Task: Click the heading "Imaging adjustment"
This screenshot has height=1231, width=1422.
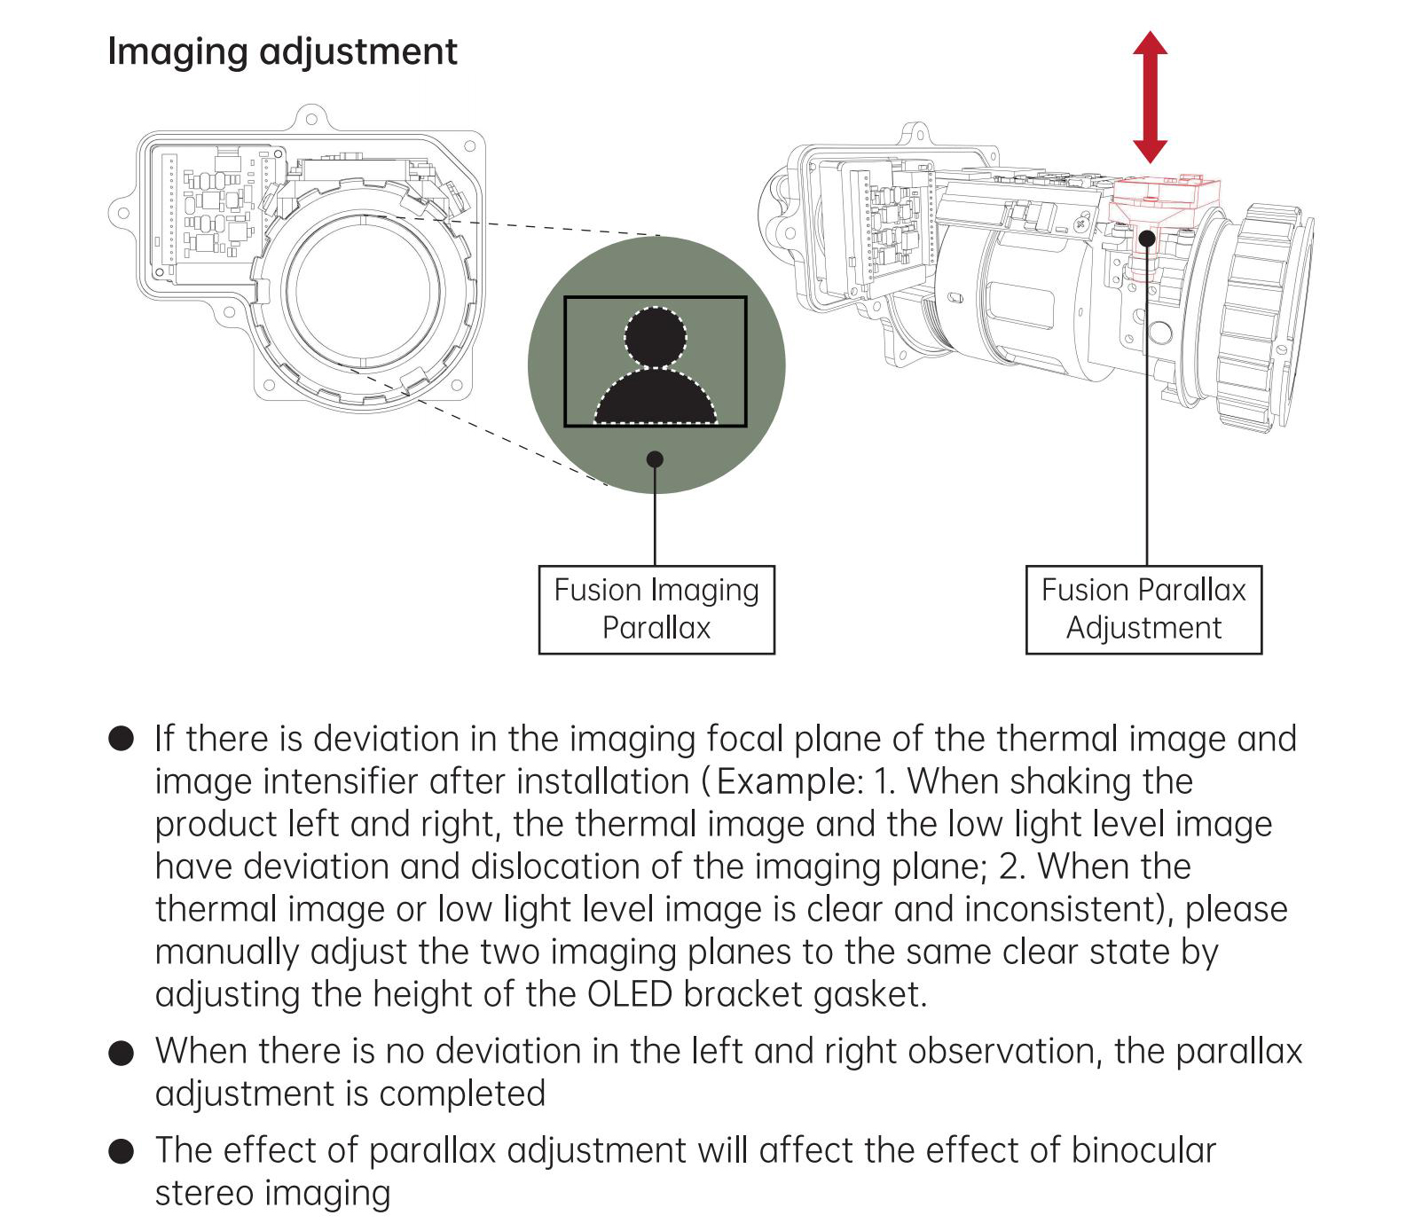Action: coord(282,52)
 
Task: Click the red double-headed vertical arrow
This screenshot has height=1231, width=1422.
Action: coord(1150,97)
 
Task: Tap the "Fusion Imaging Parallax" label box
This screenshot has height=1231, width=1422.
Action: coord(656,609)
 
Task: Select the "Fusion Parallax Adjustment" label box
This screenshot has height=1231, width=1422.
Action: coord(1143,609)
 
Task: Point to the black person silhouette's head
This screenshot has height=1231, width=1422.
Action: coord(656,337)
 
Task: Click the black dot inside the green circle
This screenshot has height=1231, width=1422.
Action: coord(655,459)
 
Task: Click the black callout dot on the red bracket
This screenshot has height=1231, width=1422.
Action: coord(1147,238)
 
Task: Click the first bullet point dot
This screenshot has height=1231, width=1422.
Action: coord(121,739)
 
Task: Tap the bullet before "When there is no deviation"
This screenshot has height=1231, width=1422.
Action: coord(121,1052)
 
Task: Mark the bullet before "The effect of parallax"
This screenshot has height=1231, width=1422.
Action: coord(121,1151)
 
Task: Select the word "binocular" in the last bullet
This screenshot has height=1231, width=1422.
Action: coord(1143,1150)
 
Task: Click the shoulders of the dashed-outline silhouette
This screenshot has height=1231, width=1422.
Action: coord(656,396)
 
